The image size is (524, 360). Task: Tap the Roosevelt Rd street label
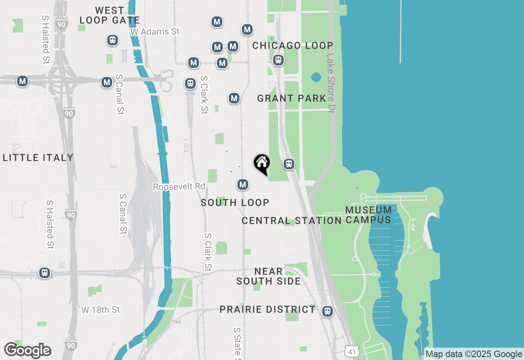[x=179, y=187]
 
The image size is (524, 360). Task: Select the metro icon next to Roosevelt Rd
[x=243, y=184]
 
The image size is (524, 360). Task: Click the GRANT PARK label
[x=291, y=98]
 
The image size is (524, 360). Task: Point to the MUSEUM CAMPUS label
[x=368, y=215]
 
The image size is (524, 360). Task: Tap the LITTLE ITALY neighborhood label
[x=38, y=157]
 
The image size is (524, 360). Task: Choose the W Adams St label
[x=155, y=32]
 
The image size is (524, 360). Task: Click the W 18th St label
[x=100, y=310]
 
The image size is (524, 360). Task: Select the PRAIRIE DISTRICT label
[x=267, y=309]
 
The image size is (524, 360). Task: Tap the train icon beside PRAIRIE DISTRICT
[x=327, y=311]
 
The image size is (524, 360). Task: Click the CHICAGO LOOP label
[x=292, y=45]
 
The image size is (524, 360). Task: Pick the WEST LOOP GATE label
[x=109, y=15]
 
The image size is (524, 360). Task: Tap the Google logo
[x=27, y=351]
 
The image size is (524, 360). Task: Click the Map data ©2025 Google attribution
[x=474, y=354]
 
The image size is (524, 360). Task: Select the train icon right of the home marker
[x=289, y=164]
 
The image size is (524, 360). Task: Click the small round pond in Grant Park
[x=316, y=77]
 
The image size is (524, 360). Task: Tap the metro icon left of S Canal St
[x=107, y=82]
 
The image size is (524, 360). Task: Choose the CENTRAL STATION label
[x=291, y=221]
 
